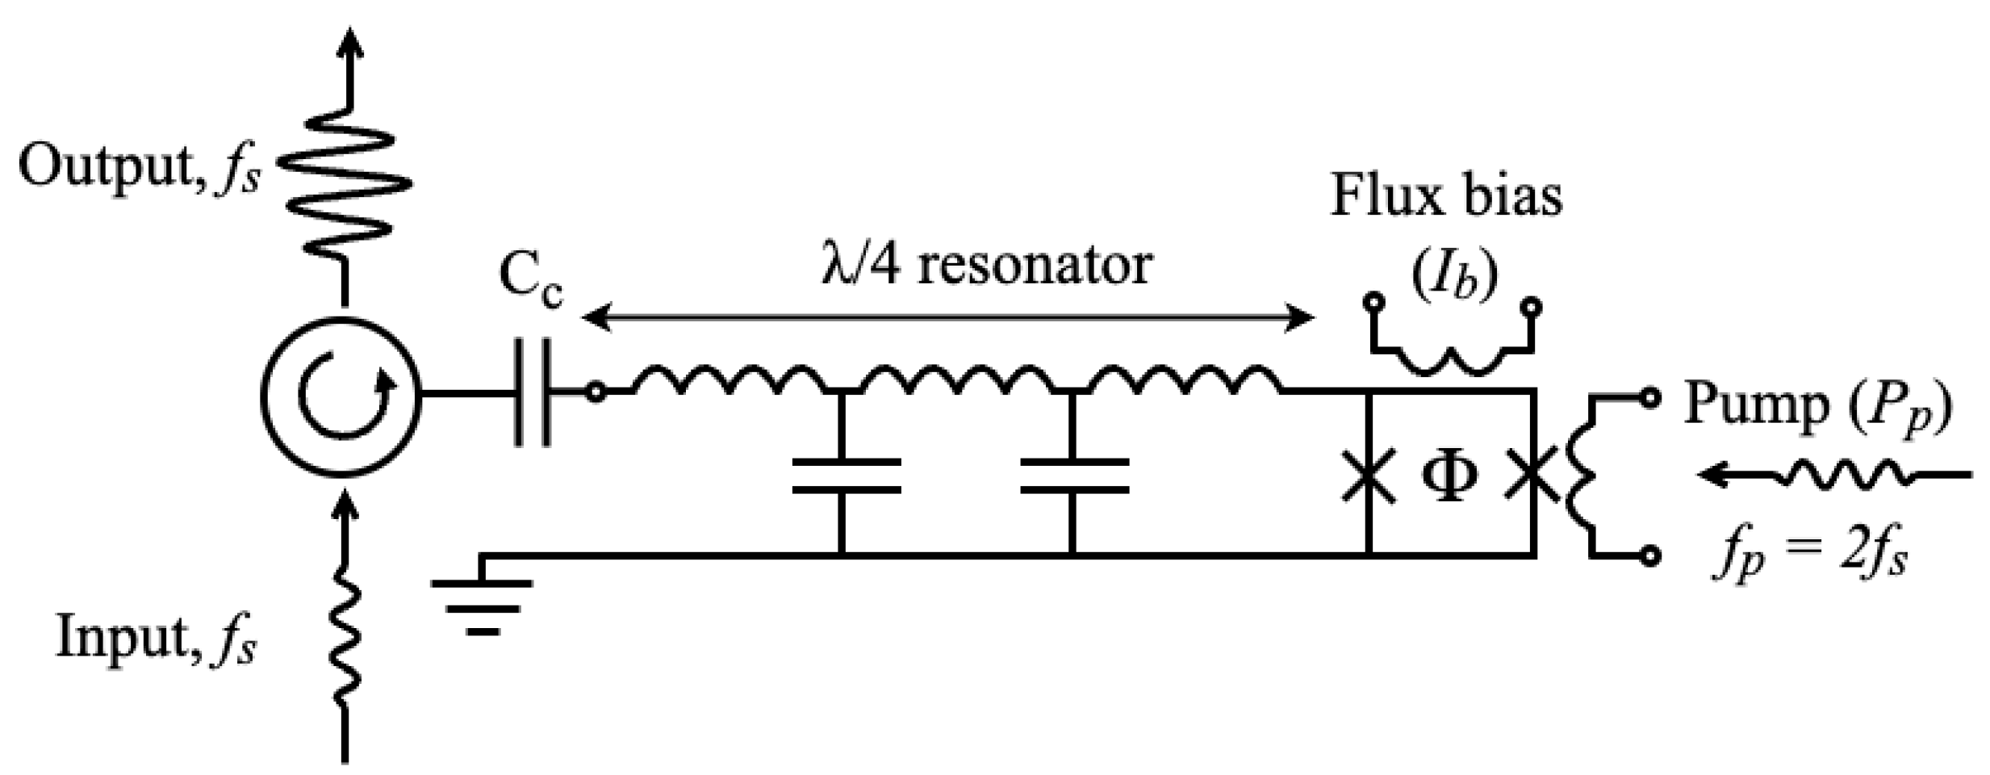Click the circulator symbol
pyautogui.click(x=341, y=395)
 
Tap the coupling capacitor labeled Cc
pyautogui.click(x=533, y=393)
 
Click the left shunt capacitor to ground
pyautogui.click(x=845, y=476)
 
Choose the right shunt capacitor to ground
pyautogui.click(x=1073, y=476)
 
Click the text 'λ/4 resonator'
pyautogui.click(x=986, y=265)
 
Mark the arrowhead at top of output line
pyautogui.click(x=349, y=40)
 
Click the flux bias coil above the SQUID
pyautogui.click(x=1452, y=359)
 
